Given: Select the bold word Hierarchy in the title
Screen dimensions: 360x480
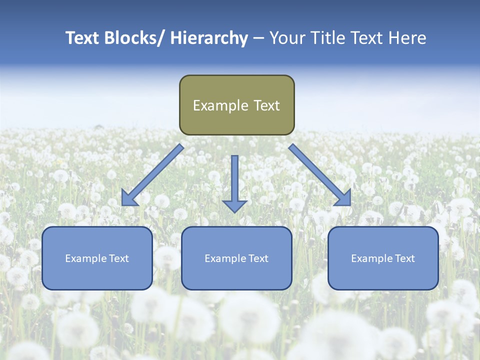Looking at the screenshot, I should pos(209,38).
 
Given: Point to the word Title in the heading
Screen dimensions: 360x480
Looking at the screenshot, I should pos(330,38).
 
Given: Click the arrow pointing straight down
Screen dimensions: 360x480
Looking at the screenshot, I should pos(234,182).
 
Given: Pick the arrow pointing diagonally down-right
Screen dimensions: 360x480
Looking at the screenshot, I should pos(320,175).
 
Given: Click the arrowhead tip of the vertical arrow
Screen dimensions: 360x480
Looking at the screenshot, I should pos(234,212).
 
